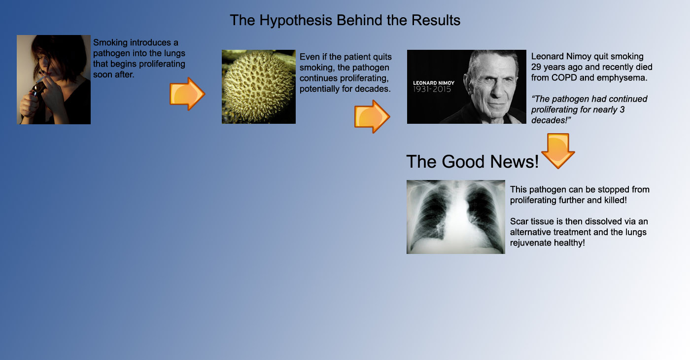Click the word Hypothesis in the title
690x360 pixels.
(x=295, y=21)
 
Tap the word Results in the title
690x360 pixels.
(x=436, y=20)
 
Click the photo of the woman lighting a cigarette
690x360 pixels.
(x=54, y=79)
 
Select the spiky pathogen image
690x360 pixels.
(x=259, y=87)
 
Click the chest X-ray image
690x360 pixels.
(x=456, y=217)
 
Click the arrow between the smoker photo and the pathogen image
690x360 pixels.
(x=187, y=94)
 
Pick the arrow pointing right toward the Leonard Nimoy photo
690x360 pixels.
(x=372, y=116)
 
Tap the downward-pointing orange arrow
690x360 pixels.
(x=558, y=151)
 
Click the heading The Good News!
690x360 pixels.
(x=473, y=162)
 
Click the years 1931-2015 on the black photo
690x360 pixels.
(x=432, y=89)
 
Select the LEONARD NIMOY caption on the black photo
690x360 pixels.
(x=433, y=83)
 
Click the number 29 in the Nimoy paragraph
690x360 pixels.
(x=536, y=67)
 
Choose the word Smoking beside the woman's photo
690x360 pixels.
(x=110, y=43)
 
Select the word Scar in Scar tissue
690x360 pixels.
(x=519, y=221)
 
